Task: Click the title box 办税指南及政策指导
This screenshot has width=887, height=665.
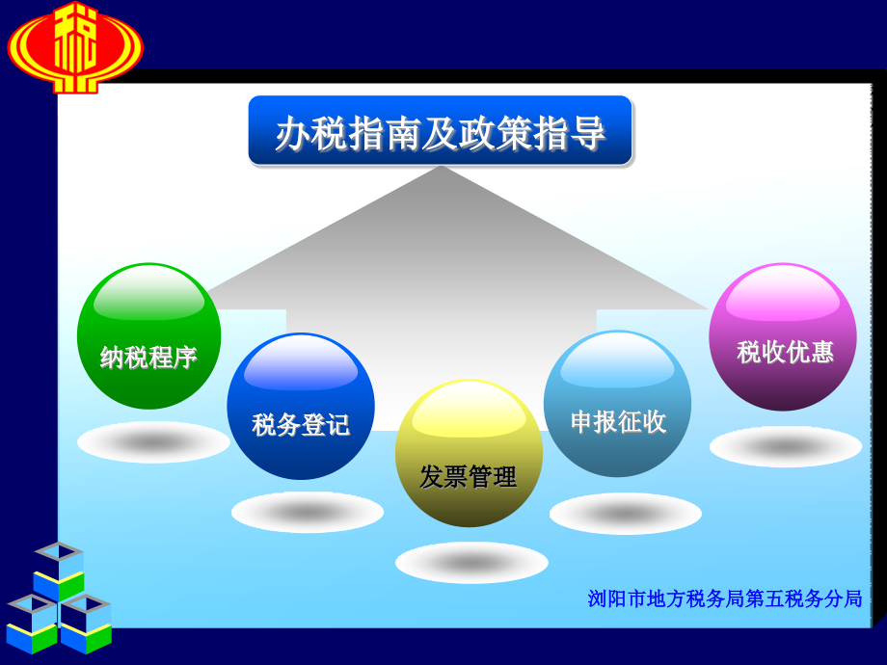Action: (441, 131)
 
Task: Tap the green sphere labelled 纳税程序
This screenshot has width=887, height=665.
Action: (148, 336)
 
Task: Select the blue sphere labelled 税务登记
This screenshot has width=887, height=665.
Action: (301, 407)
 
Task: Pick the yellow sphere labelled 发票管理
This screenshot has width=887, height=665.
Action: (469, 453)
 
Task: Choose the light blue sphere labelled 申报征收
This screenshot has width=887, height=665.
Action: (617, 404)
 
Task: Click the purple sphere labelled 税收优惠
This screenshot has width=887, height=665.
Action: (783, 336)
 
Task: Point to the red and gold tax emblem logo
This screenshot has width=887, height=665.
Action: (75, 46)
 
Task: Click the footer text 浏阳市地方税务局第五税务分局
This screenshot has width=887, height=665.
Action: (724, 598)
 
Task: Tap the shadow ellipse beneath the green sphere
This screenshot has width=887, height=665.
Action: (153, 441)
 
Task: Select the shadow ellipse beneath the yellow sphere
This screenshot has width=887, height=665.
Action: (471, 563)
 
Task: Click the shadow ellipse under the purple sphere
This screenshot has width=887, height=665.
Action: (786, 447)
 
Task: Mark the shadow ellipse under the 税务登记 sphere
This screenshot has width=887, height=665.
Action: (307, 512)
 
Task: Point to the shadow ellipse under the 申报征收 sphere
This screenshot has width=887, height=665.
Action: (625, 514)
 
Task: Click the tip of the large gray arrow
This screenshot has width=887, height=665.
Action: (441, 170)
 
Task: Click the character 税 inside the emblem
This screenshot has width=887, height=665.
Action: (75, 39)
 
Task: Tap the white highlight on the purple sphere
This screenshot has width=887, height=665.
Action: (782, 299)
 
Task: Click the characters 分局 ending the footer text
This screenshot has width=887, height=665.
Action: (846, 598)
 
